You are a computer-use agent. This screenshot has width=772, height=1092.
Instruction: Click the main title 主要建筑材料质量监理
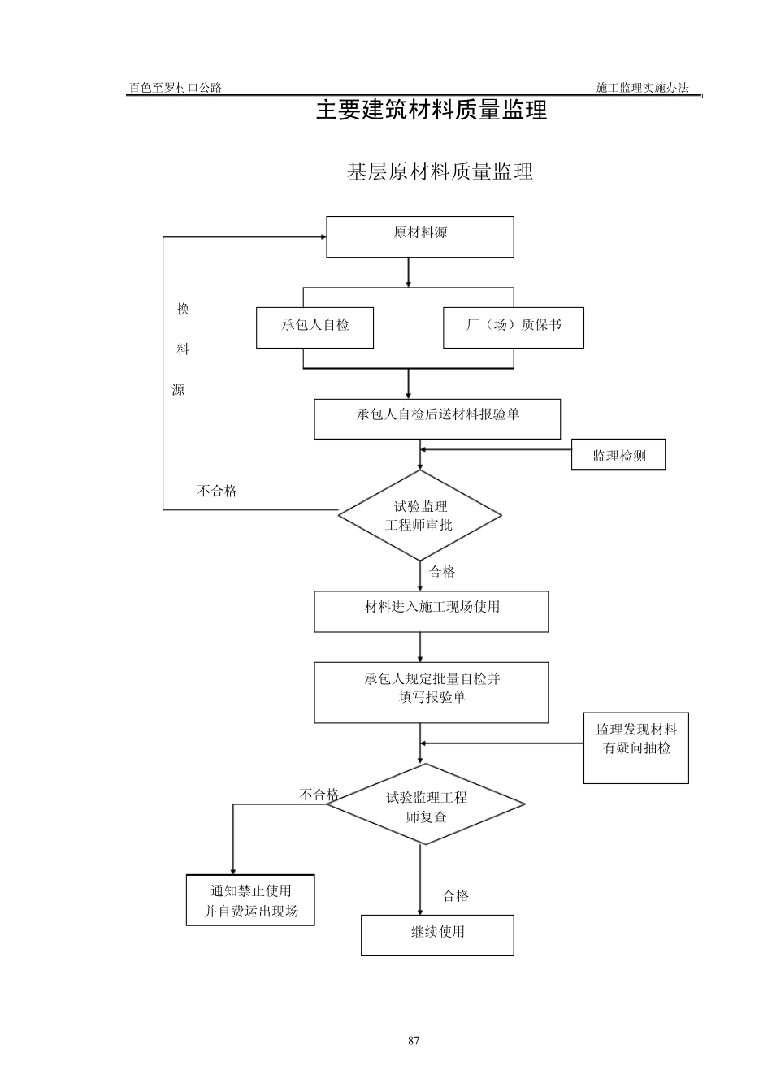[x=432, y=110]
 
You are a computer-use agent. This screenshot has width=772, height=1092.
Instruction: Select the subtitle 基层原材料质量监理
[x=440, y=171]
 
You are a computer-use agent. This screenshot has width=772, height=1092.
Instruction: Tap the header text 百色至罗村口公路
[x=176, y=88]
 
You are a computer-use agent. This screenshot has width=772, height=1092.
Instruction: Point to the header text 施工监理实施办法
[x=642, y=88]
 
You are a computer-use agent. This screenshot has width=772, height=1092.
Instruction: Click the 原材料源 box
[x=420, y=236]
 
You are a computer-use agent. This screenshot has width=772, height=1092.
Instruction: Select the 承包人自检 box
[x=315, y=327]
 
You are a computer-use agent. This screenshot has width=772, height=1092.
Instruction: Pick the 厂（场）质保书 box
[x=514, y=327]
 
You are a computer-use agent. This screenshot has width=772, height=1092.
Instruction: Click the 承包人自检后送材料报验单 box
[x=437, y=418]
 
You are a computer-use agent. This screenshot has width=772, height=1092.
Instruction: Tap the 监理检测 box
[x=618, y=455]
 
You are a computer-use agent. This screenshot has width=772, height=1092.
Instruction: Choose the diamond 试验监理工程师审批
[x=419, y=515]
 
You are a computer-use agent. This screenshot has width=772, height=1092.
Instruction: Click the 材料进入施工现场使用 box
[x=432, y=611]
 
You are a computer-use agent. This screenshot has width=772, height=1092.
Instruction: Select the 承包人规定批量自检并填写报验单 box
[x=432, y=691]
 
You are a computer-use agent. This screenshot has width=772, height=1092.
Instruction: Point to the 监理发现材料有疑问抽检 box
[x=636, y=747]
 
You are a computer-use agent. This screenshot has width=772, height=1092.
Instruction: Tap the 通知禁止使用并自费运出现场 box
[x=250, y=900]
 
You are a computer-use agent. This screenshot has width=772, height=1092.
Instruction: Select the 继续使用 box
[x=437, y=934]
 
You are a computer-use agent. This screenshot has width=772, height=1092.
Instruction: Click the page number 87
[x=414, y=1041]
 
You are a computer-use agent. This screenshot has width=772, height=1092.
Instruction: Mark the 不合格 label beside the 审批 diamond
[x=217, y=491]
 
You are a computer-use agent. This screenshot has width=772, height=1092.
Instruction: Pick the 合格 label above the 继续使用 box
[x=456, y=895]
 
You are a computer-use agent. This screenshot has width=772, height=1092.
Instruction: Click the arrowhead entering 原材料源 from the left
[x=323, y=236]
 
